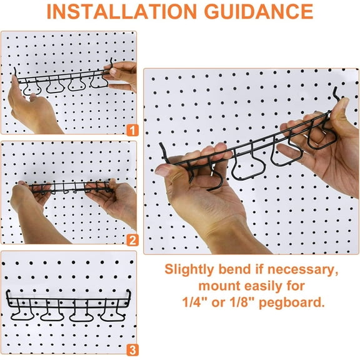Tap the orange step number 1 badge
131,131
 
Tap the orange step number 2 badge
131,239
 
